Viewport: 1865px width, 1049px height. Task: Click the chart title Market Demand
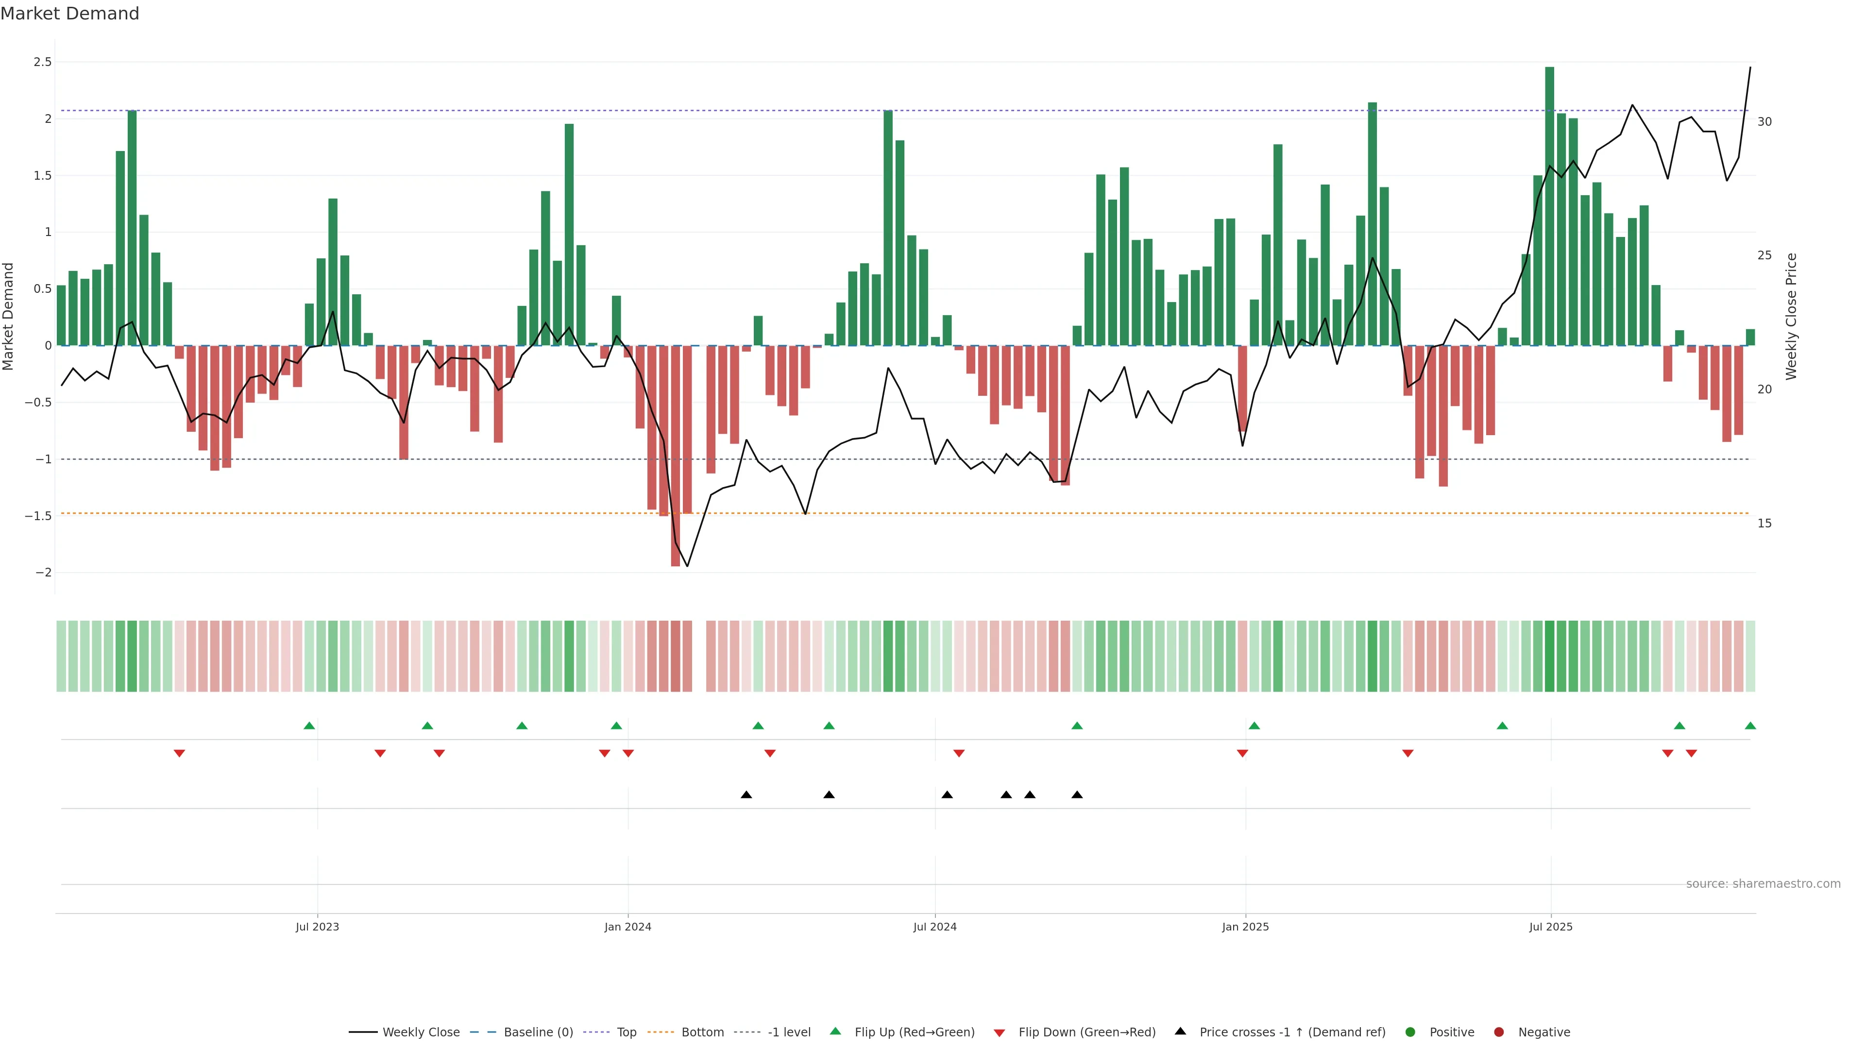(x=69, y=14)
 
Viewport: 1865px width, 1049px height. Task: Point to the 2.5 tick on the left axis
(x=43, y=62)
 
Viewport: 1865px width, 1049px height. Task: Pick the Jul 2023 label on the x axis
(x=317, y=927)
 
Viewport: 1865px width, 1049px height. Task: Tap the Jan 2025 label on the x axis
(x=1245, y=927)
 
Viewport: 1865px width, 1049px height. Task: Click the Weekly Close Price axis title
(x=1791, y=316)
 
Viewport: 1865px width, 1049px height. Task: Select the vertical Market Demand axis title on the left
(x=9, y=316)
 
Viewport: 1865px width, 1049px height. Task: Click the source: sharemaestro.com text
(x=1763, y=884)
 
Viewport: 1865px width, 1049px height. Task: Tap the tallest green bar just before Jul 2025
(x=1549, y=206)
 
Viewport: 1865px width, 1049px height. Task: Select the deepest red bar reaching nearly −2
(x=676, y=456)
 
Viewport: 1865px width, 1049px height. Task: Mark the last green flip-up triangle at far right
(x=1750, y=726)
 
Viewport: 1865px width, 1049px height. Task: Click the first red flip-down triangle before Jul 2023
(x=180, y=754)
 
